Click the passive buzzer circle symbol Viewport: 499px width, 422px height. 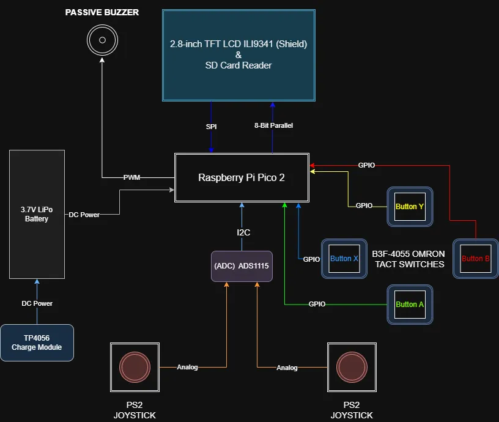pos(102,42)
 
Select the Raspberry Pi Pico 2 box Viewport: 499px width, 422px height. pos(242,177)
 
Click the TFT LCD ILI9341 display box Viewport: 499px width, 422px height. pos(238,54)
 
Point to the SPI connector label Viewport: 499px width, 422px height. pos(211,127)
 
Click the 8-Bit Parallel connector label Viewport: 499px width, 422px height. pos(273,125)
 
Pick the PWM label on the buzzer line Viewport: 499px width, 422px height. pos(131,178)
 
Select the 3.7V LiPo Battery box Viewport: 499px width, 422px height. pos(37,214)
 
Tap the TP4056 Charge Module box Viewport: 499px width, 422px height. pos(37,342)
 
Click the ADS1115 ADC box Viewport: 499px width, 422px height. pos(242,266)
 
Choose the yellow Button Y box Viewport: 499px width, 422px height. pos(409,207)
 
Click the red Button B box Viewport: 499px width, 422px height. pos(475,258)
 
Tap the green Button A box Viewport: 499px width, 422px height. pos(409,304)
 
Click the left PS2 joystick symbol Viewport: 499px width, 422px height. pos(135,367)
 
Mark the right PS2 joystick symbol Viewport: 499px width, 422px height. pos(351,367)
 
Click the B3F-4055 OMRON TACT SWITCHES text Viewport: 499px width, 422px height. pos(408,259)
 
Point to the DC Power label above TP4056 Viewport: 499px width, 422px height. pos(37,303)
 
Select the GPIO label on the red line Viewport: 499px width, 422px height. pos(366,165)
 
